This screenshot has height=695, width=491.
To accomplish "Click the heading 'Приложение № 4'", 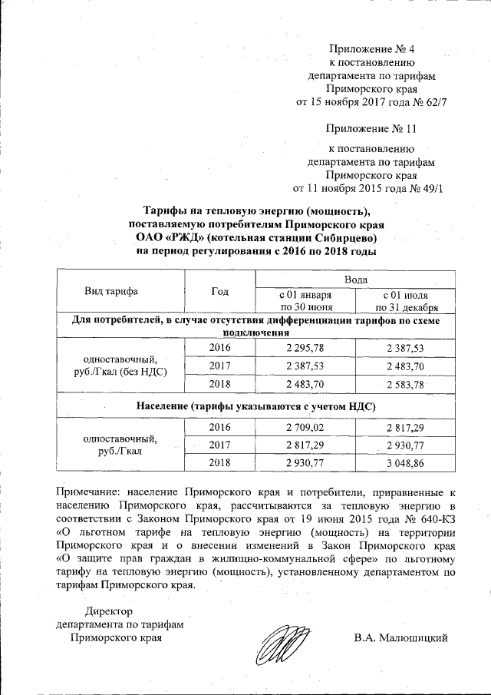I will pos(371,51).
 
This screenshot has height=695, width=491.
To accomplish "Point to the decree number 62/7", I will pos(433,101).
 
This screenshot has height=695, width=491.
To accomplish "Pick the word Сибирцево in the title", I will pos(342,237).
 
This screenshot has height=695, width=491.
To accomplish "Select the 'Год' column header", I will pos(220,292).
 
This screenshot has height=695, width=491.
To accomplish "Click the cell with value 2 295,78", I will pos(305,348).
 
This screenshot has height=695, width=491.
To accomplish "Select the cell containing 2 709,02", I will pos(305,427).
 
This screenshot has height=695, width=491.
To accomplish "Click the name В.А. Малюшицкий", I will pos(400,638).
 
